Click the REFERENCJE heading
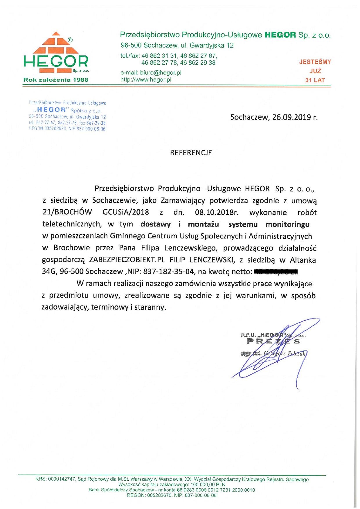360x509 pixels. pos(191,153)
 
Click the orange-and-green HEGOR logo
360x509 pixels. pos(56,52)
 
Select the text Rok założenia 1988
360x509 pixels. pos(56,80)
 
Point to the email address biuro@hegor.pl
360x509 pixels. pos(161,73)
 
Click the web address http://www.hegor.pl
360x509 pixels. pos(146,80)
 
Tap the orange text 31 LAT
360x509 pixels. pos(315,80)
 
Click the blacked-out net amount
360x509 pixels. pos(276,272)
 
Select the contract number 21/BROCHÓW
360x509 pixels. pos(67,212)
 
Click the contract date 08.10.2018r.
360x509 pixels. pos(217,212)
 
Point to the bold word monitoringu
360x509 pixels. pos(287,224)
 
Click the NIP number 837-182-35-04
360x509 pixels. pos(168,272)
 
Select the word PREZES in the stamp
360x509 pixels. pos(273,341)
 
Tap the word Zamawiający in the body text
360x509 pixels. pos(183,200)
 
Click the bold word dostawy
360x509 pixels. pos(156,224)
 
